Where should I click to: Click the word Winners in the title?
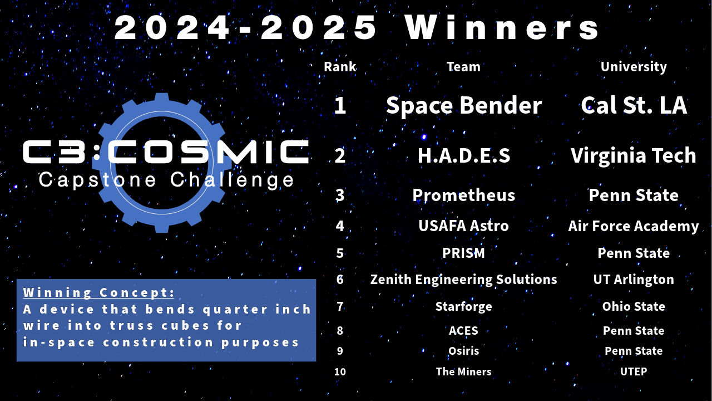[502, 28]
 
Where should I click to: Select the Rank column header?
[340, 67]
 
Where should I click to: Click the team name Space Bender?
[464, 105]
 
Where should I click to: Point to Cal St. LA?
[634, 105]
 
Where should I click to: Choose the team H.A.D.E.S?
[464, 155]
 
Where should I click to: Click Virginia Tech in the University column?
[634, 156]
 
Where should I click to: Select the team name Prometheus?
[464, 195]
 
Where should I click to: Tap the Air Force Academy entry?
[634, 226]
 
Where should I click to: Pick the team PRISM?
[464, 253]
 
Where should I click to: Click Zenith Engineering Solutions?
[464, 280]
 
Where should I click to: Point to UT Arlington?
[634, 280]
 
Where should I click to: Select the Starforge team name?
[464, 307]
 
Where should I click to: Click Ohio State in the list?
[634, 306]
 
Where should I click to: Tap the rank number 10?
[340, 371]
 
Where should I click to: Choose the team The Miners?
[464, 371]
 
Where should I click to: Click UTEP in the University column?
[634, 371]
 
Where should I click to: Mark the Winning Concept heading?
[98, 292]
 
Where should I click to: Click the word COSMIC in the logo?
[208, 151]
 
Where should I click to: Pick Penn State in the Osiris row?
[634, 351]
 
